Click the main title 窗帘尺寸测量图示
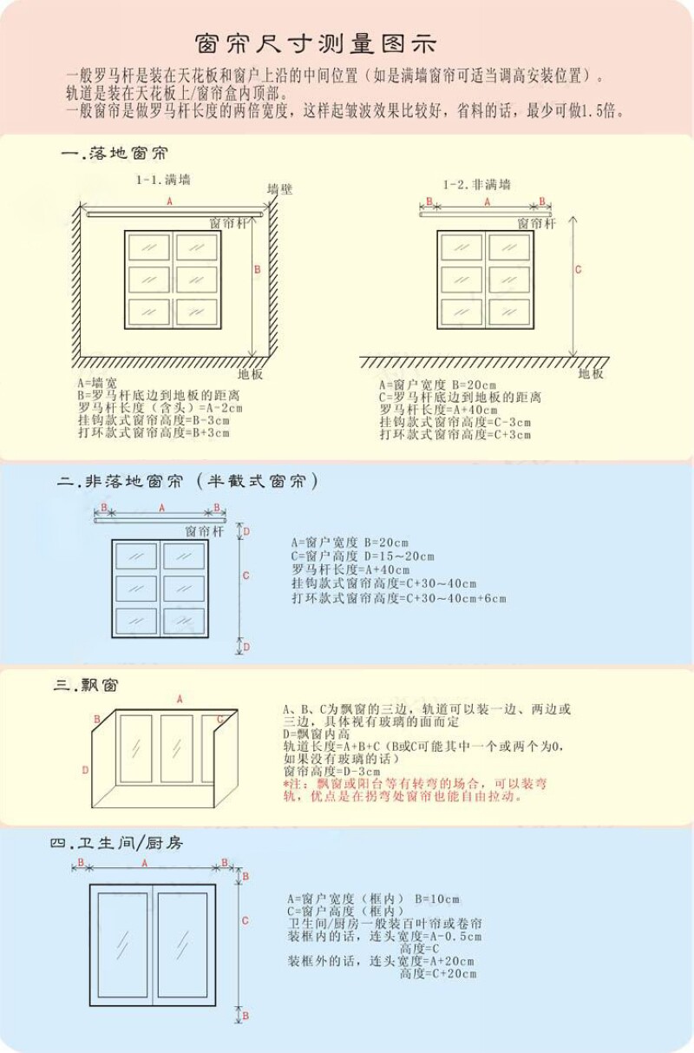coord(316,43)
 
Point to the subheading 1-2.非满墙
coord(476,184)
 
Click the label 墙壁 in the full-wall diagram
coord(279,189)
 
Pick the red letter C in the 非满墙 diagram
coord(579,270)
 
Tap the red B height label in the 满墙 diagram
coord(257,270)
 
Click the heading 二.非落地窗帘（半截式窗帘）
coord(187,482)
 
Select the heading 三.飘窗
coord(86,686)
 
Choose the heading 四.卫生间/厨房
coord(116,843)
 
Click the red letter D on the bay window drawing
coord(85,770)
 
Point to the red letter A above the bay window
coord(180,699)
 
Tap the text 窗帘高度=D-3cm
coord(331,771)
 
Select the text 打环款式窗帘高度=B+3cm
coord(154,431)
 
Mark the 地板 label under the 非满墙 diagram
coord(591,373)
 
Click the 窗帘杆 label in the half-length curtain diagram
coord(204,530)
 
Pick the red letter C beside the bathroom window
coord(246,921)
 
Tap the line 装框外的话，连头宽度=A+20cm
coord(381,961)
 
